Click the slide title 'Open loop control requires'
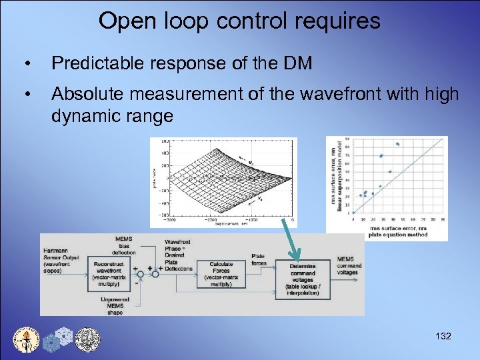(239, 21)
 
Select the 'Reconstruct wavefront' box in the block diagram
(108, 273)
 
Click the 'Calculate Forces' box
(220, 274)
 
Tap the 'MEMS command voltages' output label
(349, 266)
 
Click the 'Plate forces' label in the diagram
(259, 259)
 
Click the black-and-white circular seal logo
(87, 339)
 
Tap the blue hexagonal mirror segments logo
(57, 339)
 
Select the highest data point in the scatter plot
(397, 143)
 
